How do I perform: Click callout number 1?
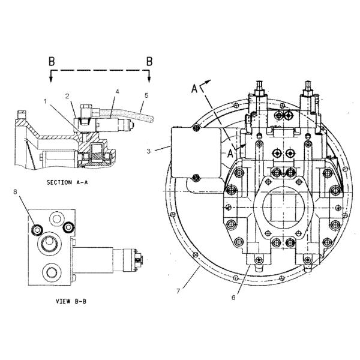click(x=45, y=101)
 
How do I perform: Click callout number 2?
click(x=67, y=96)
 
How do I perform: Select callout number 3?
click(x=149, y=151)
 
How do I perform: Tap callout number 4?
click(x=118, y=92)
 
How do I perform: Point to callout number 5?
click(x=146, y=95)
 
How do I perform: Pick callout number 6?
click(x=233, y=298)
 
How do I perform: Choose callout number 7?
click(x=178, y=291)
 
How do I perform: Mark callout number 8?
click(x=15, y=192)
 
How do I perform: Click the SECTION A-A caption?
click(x=67, y=182)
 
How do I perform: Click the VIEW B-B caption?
click(x=71, y=301)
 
